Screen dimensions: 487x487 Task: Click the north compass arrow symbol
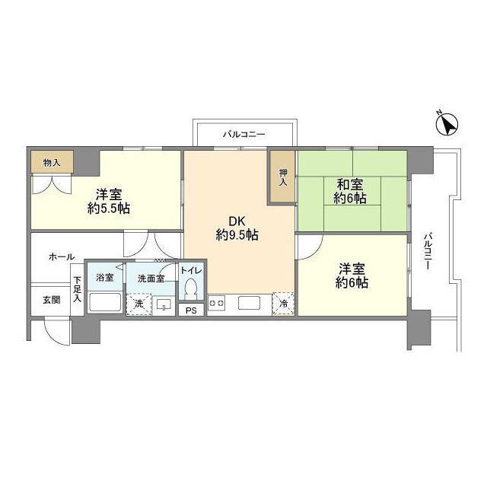[448, 123]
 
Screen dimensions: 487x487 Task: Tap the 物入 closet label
[52, 162]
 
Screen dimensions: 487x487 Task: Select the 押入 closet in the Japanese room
[282, 177]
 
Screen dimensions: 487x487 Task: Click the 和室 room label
[351, 183]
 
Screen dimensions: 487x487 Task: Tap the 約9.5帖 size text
[237, 235]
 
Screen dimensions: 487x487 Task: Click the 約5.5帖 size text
[107, 208]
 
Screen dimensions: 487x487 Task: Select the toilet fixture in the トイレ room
[190, 290]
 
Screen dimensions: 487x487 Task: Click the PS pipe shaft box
[190, 310]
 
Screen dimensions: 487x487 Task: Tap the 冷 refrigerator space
[283, 303]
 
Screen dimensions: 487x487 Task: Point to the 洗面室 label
[151, 278]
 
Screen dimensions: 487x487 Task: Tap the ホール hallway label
[62, 257]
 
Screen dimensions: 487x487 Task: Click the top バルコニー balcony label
[243, 134]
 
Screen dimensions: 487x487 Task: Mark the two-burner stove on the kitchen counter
[217, 303]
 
